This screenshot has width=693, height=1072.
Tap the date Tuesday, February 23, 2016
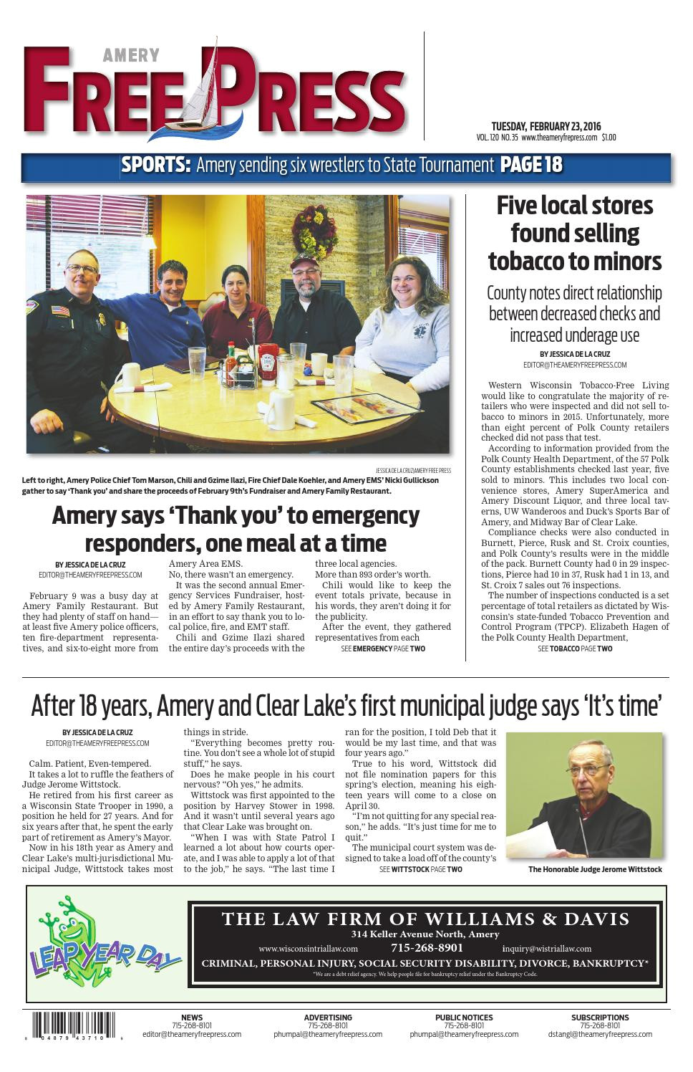[x=546, y=127]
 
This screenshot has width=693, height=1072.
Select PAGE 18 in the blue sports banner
[x=531, y=166]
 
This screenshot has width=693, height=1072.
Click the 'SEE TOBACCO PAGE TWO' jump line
[x=574, y=649]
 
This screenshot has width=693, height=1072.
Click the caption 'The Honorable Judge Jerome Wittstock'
[x=595, y=869]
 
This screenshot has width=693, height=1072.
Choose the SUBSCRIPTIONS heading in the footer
[x=600, y=1018]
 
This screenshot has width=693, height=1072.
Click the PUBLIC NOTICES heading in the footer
[x=464, y=1018]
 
